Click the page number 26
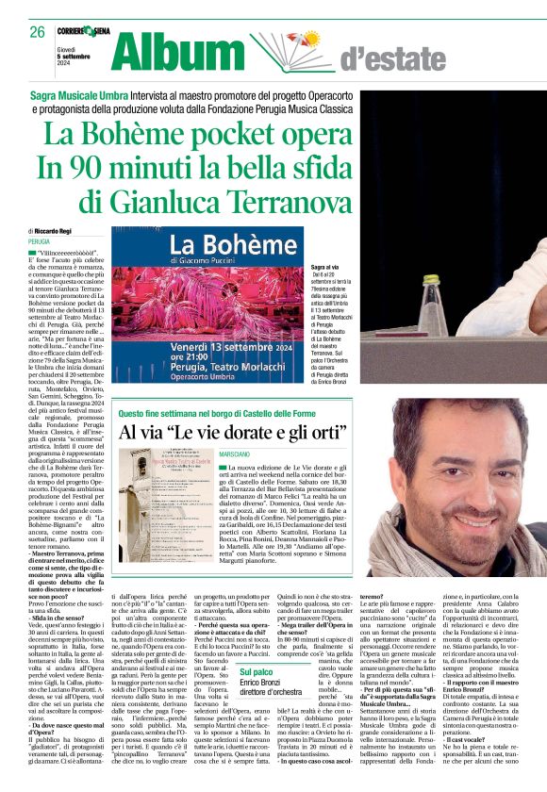pyautogui.click(x=37, y=32)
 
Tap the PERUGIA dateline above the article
pyautogui.click(x=39, y=242)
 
